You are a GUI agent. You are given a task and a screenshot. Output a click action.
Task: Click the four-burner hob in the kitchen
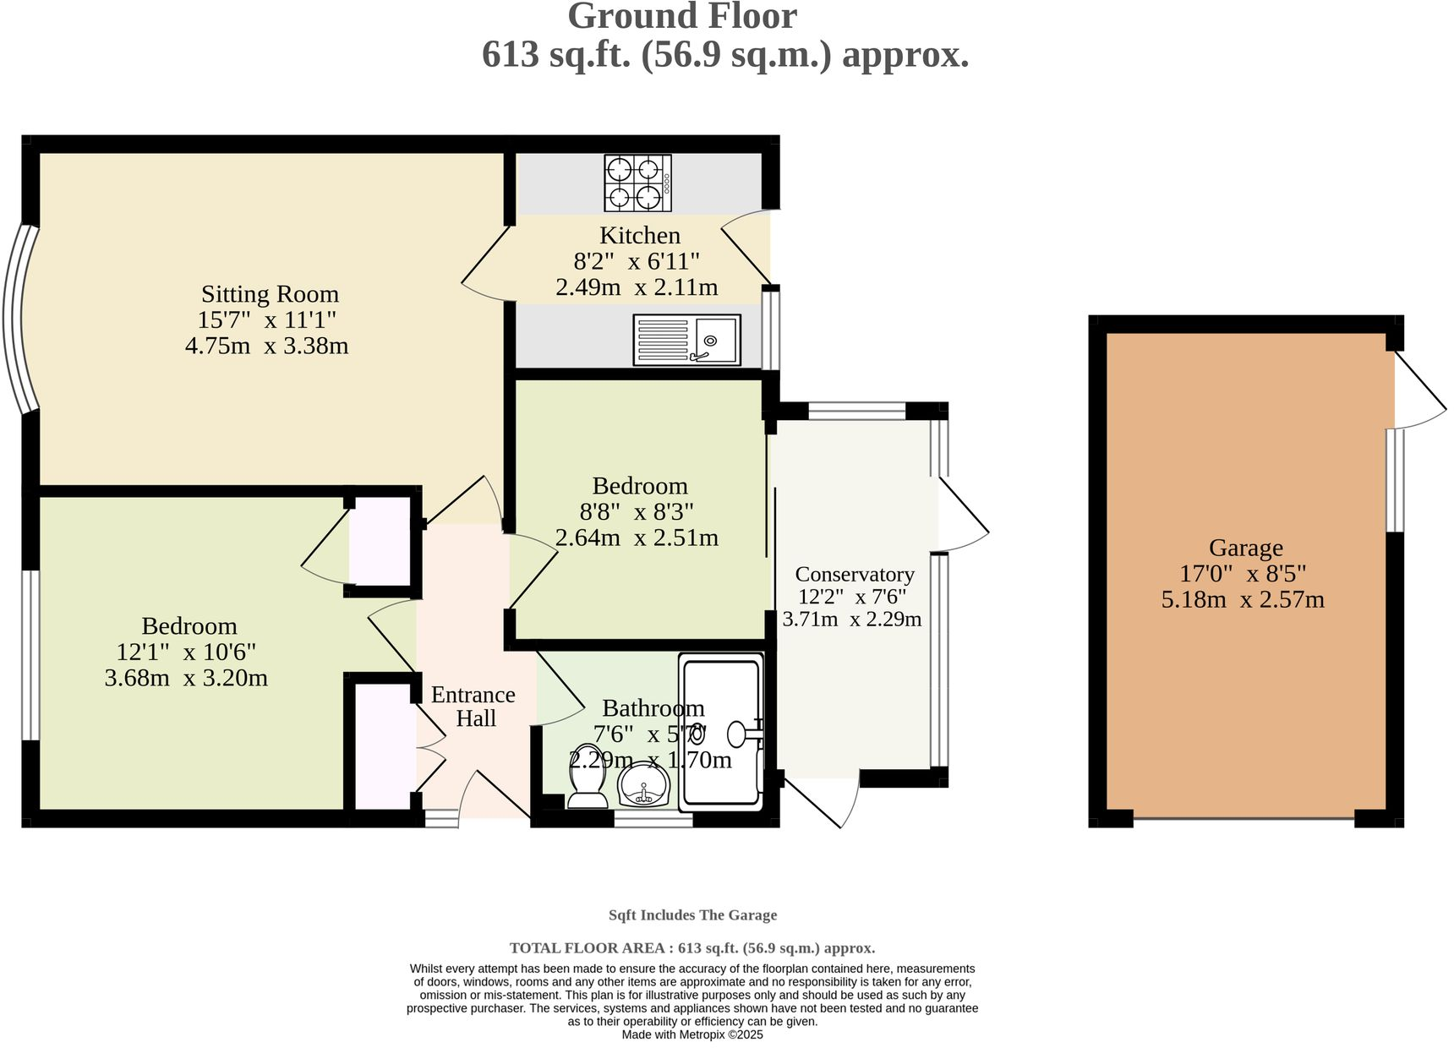(x=637, y=183)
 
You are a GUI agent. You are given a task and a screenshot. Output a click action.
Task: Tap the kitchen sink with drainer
(x=686, y=340)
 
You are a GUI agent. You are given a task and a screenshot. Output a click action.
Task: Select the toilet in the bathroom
(x=587, y=776)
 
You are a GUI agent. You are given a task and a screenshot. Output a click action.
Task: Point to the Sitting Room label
(x=270, y=294)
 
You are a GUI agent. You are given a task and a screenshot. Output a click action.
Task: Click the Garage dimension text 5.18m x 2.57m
(x=1243, y=600)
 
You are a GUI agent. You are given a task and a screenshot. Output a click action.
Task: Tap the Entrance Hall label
(x=473, y=707)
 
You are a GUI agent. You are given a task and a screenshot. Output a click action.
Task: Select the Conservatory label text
(x=855, y=575)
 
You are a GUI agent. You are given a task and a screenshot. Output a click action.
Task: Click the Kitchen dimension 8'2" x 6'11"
(x=637, y=261)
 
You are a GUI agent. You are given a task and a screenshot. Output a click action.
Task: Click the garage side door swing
(x=1418, y=390)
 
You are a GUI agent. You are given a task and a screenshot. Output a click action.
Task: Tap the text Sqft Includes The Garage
(x=692, y=915)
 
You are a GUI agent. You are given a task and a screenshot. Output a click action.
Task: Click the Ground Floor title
(x=682, y=17)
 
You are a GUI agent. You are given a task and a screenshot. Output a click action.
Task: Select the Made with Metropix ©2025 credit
(x=692, y=1034)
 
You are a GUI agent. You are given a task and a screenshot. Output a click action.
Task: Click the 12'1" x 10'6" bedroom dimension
(x=186, y=652)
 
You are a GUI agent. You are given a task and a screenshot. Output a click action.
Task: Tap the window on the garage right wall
(x=1395, y=480)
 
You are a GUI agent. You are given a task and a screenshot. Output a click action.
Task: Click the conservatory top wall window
(x=856, y=412)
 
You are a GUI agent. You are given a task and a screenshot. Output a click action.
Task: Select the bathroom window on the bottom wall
(x=653, y=818)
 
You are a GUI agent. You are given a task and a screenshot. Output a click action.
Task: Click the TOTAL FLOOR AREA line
(x=692, y=948)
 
